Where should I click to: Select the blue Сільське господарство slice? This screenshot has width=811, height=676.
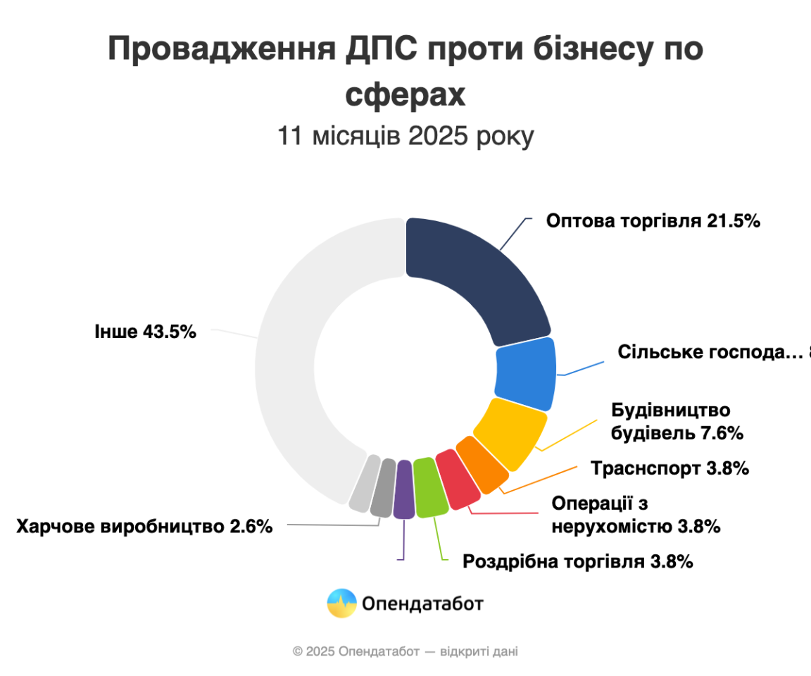526,374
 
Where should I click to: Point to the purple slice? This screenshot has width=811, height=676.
403,490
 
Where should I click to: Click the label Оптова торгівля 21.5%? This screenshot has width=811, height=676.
653,220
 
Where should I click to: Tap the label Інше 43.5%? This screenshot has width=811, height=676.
145,331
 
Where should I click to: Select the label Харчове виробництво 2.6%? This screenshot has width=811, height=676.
144,526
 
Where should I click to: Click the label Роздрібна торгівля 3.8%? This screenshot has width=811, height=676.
579,561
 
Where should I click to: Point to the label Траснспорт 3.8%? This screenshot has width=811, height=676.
669,468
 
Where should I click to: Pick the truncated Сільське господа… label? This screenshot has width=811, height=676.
711,351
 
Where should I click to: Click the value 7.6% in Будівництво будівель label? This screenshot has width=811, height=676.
721,432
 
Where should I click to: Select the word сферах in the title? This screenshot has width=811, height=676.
405,95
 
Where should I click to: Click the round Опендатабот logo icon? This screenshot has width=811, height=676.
341,603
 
